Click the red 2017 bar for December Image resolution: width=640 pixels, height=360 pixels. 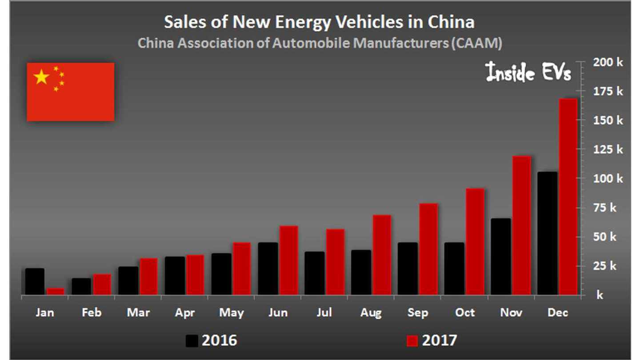click(568, 196)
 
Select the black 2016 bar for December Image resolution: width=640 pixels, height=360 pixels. click(547, 233)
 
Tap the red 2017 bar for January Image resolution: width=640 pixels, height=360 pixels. click(56, 292)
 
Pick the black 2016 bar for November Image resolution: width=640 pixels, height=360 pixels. click(500, 256)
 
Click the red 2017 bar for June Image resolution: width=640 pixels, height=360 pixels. click(288, 260)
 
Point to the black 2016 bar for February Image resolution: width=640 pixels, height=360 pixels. click(81, 287)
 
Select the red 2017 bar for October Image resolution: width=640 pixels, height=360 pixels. click(475, 242)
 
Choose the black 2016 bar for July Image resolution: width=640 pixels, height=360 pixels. click(314, 273)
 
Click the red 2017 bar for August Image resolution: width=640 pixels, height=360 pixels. click(382, 255)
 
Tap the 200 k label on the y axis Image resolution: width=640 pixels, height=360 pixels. click(605, 62)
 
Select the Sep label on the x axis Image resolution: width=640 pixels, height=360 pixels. click(418, 313)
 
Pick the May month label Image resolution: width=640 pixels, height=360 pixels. click(231, 313)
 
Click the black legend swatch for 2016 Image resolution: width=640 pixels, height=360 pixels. click(192, 341)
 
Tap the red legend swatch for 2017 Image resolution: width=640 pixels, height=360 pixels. click(412, 341)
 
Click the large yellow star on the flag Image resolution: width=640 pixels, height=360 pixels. click(41, 77)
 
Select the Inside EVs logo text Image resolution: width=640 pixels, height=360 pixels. click(528, 72)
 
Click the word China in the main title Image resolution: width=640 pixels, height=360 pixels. click(449, 22)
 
